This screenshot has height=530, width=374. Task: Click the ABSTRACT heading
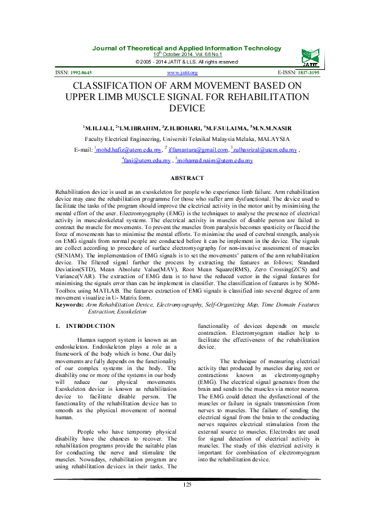pos(187,179)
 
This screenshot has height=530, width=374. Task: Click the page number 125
pos(187,502)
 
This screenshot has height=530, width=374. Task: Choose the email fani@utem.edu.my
pos(147,161)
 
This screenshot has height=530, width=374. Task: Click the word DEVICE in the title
pos(187,109)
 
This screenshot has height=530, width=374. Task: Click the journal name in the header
pos(187,48)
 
